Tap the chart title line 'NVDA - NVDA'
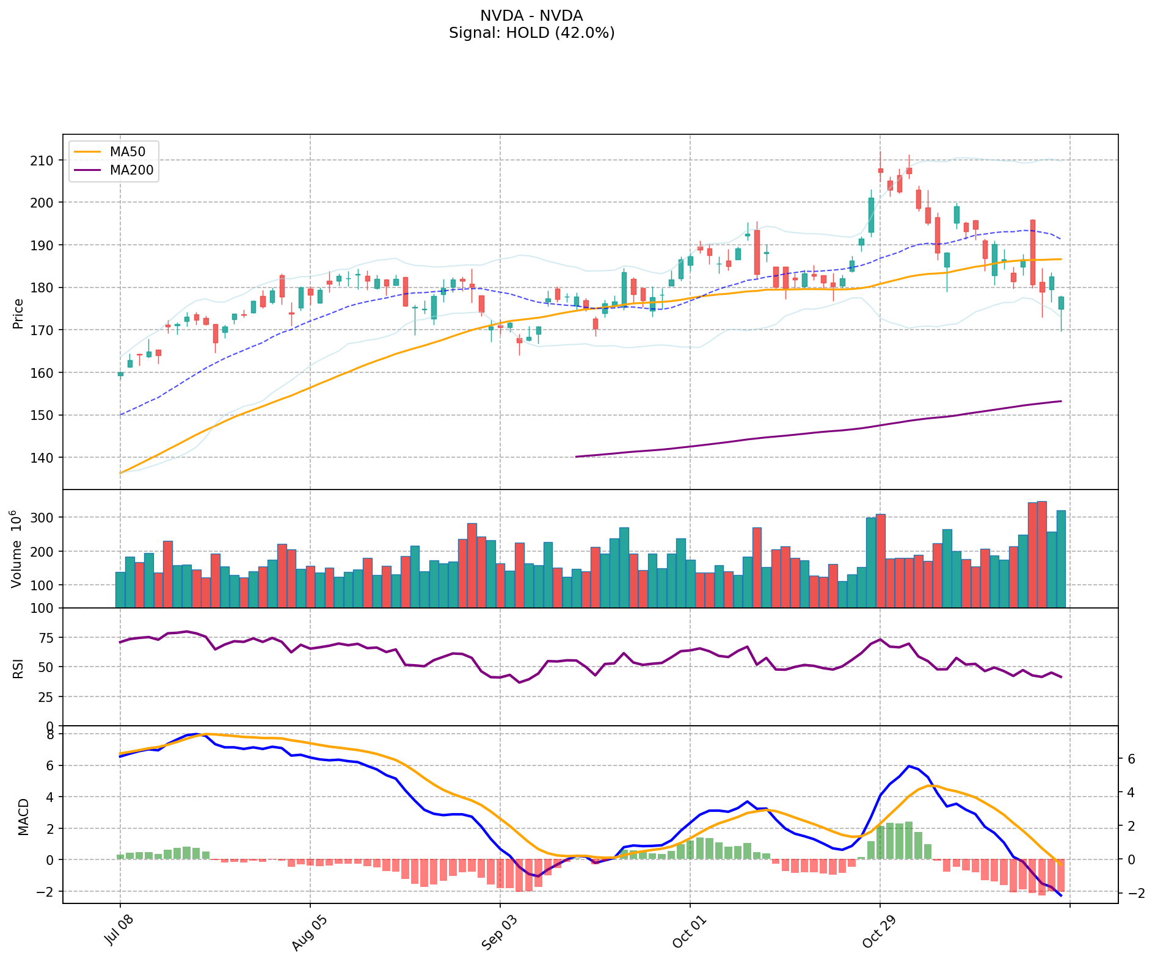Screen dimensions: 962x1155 [531, 16]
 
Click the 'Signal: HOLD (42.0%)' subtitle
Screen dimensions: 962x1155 [531, 33]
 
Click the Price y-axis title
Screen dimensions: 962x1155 [18, 313]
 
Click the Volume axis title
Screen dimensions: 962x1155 [17, 549]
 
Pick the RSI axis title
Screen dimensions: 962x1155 [18, 668]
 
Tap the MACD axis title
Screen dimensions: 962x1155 [23, 816]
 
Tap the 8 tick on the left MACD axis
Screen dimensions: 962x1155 [51, 734]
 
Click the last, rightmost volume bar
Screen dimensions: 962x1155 [1061, 559]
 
